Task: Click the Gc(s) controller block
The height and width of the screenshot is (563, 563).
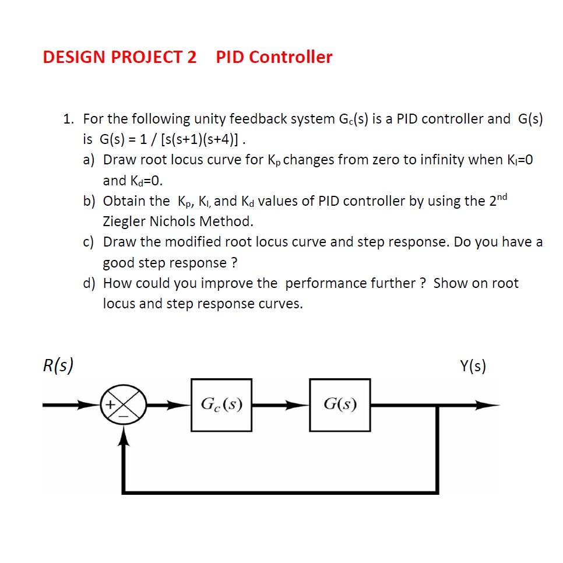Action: coord(221,405)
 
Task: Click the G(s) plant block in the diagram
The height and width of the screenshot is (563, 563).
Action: coord(340,405)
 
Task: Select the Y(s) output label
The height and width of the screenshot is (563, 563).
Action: coord(473,366)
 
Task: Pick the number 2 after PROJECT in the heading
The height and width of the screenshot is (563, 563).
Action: coord(192,57)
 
